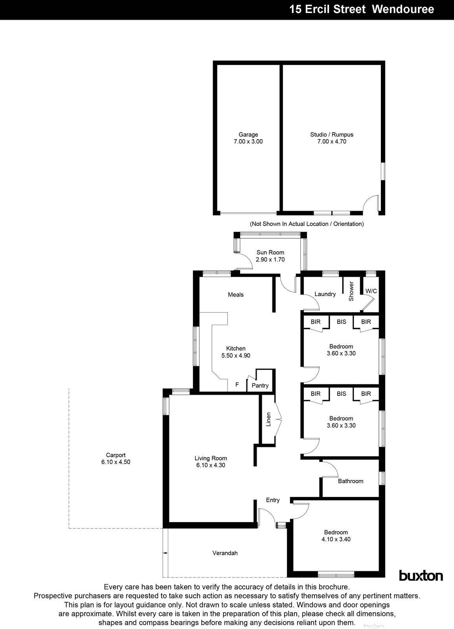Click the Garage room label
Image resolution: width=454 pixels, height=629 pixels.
click(x=248, y=134)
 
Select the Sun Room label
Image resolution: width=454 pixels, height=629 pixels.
click(x=270, y=252)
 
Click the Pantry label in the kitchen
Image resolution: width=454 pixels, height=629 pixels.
click(x=260, y=385)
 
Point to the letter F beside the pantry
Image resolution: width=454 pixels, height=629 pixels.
click(x=237, y=384)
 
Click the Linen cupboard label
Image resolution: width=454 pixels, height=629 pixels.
click(x=268, y=419)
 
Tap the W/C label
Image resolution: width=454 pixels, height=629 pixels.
click(x=371, y=291)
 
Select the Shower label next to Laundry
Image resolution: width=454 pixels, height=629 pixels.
click(x=351, y=291)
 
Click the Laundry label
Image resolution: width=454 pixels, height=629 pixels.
click(x=325, y=294)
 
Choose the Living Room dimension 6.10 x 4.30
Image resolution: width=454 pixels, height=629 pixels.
click(x=211, y=465)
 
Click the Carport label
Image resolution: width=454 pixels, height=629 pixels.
click(x=116, y=455)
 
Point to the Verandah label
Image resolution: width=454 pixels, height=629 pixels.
click(x=225, y=553)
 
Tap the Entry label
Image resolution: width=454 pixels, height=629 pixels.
click(x=272, y=500)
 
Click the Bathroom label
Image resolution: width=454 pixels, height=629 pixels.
click(x=350, y=481)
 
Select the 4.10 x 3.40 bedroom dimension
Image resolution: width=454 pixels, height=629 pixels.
click(x=336, y=539)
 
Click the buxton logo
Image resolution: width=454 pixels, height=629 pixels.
click(x=421, y=576)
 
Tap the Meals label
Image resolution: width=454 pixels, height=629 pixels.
click(x=235, y=294)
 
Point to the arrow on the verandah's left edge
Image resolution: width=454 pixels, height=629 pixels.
click(x=166, y=553)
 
